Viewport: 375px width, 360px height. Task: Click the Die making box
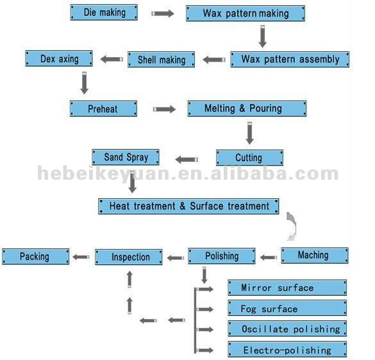[104, 12]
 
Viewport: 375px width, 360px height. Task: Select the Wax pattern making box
[246, 13]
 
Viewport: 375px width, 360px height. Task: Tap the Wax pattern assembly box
[290, 60]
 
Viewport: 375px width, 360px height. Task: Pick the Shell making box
[161, 60]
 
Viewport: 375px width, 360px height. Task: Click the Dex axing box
[59, 58]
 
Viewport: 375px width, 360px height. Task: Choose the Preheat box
[104, 108]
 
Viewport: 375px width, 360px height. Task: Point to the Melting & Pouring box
[247, 108]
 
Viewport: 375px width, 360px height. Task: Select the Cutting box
[250, 158]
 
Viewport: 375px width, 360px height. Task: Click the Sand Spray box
[126, 157]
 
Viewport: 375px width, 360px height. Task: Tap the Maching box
[315, 255]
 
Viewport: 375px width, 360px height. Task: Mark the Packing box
[36, 257]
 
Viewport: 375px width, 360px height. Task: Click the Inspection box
[129, 257]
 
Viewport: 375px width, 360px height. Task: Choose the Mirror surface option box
[287, 287]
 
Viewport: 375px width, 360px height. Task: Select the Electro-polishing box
[287, 350]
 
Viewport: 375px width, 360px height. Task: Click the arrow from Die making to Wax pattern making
[163, 13]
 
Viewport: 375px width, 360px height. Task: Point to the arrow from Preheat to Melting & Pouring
[164, 109]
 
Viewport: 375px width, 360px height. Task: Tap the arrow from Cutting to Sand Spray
[187, 159]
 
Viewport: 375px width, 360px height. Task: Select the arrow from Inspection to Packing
[81, 257]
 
